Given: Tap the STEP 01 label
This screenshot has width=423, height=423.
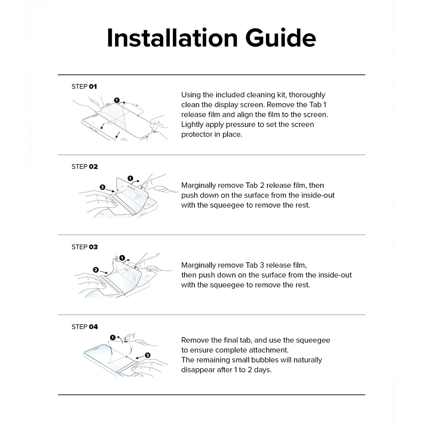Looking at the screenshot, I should tap(84, 86).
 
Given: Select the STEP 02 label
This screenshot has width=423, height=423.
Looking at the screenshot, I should tap(85, 167).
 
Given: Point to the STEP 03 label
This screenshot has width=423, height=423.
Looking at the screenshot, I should tap(85, 247).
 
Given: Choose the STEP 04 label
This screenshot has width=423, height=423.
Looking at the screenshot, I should tap(85, 327).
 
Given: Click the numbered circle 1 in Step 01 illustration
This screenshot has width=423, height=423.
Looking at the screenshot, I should tap(116, 100).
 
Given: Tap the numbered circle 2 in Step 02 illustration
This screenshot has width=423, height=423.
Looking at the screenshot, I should tap(102, 187).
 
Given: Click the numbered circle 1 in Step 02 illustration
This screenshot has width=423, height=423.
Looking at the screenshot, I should tap(130, 178).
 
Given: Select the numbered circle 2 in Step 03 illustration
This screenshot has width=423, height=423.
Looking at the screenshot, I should tap(96, 269).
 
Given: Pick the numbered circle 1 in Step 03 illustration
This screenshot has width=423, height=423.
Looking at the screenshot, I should tap(122, 257).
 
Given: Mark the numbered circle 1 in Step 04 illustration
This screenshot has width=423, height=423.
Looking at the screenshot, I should tap(113, 337).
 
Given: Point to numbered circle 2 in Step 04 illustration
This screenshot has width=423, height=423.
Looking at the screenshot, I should tap(148, 355).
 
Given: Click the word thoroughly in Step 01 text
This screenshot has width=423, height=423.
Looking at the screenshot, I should tap(307, 95).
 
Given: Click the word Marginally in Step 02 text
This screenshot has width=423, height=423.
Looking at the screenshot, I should tap(200, 185).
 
